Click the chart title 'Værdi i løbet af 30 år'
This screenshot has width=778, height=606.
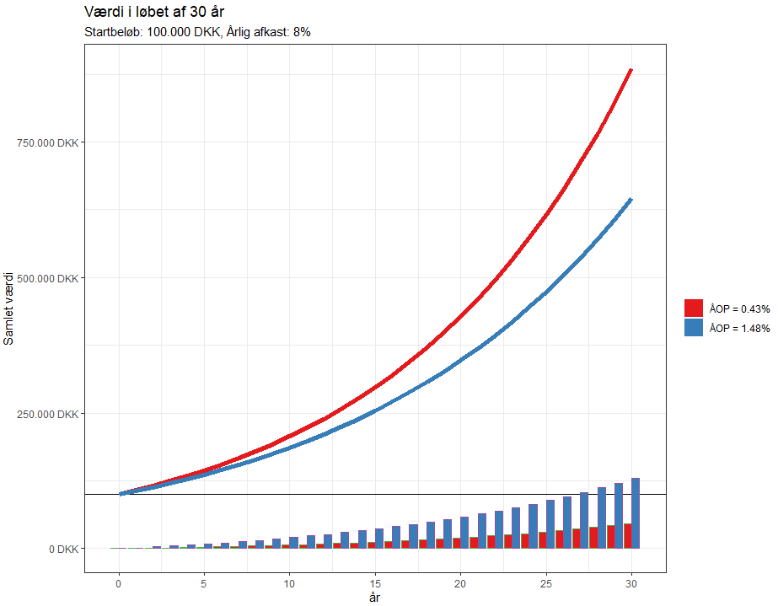[154, 13]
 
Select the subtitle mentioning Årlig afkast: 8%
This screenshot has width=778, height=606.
[198, 32]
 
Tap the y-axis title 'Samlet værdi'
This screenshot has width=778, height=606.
[9, 308]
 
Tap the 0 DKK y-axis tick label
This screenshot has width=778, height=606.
[62, 550]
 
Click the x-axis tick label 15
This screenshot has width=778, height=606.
[375, 583]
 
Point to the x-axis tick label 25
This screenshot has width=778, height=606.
[546, 583]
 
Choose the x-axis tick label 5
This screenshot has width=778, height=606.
[204, 583]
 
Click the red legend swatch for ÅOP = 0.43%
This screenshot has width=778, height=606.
[694, 308]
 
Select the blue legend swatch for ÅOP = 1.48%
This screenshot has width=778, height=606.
[694, 329]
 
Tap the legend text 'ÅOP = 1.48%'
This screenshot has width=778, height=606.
[739, 329]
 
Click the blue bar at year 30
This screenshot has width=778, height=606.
[636, 513]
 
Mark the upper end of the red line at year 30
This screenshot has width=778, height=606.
[630, 70]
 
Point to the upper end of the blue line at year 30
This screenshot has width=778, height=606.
[630, 200]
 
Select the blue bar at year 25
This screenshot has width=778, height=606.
[550, 524]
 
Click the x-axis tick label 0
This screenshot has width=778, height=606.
[119, 583]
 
